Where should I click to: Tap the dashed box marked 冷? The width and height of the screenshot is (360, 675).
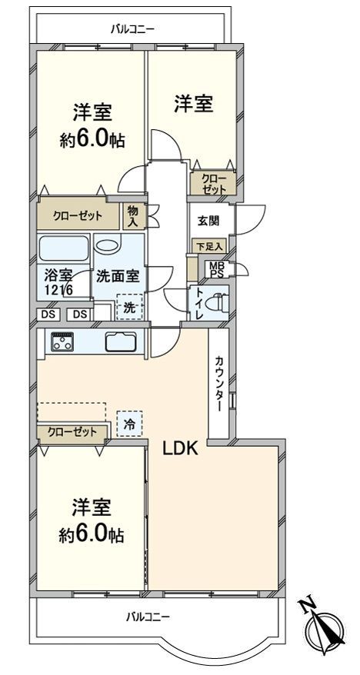pos(129,423)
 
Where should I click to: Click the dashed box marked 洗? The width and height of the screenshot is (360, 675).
pos(129,306)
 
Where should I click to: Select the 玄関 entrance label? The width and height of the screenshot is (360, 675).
pos(208,221)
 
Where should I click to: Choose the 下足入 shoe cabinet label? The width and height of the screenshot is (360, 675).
pos(208,246)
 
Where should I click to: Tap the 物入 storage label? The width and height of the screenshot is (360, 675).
pos(132,215)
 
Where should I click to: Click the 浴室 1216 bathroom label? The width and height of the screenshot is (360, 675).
pos(58,282)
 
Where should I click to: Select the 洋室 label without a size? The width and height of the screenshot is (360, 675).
pos(192,102)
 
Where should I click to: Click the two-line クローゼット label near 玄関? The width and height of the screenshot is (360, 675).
pos(213,183)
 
